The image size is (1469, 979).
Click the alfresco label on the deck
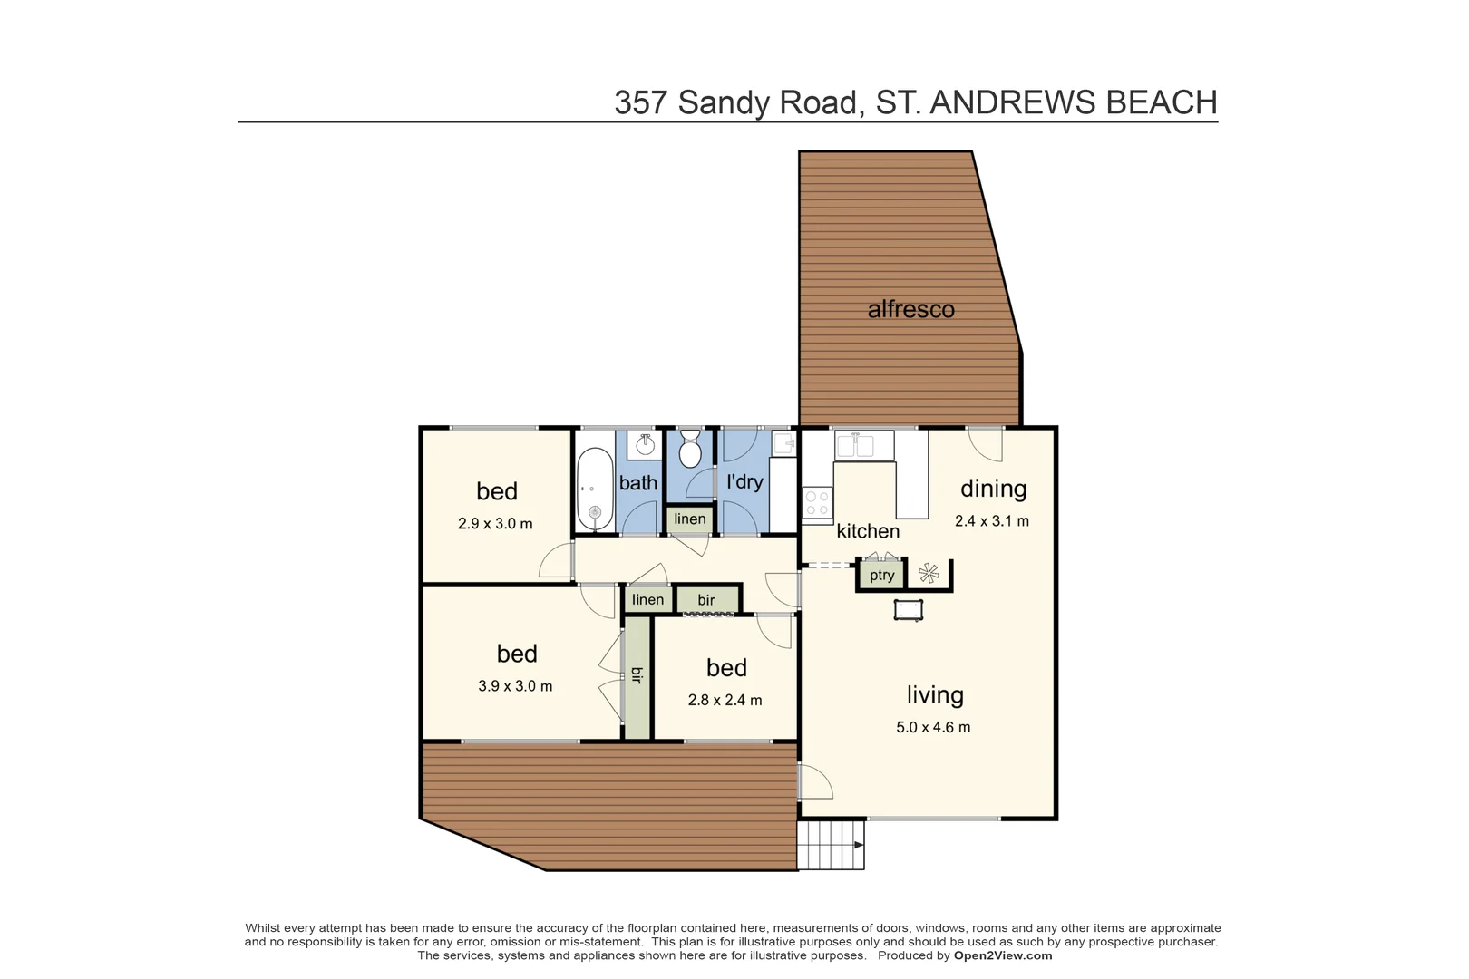910,309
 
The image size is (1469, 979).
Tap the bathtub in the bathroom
595,489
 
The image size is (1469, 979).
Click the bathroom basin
646,444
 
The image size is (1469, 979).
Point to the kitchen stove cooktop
817,504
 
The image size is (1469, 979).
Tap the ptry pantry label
881,575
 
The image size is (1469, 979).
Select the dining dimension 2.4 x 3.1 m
992,521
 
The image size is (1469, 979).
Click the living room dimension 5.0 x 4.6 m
933,727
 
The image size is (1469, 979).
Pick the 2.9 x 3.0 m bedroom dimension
495,524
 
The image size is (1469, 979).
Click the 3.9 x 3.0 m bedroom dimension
515,686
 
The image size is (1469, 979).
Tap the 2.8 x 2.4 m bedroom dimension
725,700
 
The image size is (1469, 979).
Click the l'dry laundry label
744,481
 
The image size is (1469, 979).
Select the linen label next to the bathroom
690,519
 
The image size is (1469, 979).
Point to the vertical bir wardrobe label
637,675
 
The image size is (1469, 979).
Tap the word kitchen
868,531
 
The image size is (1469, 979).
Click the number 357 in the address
641,102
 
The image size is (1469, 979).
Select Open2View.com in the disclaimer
1002,955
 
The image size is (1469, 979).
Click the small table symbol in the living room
908,609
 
